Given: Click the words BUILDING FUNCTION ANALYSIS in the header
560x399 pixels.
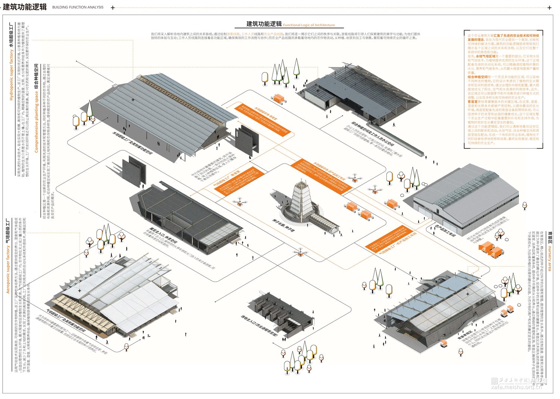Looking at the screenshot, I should (x=78, y=7).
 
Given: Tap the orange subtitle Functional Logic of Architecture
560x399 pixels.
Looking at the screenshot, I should (x=309, y=25).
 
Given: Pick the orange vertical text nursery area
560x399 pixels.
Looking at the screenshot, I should (x=550, y=258).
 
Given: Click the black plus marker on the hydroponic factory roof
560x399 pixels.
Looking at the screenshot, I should (x=133, y=100).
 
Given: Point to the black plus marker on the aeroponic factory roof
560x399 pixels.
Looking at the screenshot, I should (x=80, y=290).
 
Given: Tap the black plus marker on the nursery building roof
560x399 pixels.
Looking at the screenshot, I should (x=467, y=294).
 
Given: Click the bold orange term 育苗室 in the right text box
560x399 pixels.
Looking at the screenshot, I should (x=473, y=102).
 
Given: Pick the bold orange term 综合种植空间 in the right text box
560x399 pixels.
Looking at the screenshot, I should (x=477, y=77).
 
